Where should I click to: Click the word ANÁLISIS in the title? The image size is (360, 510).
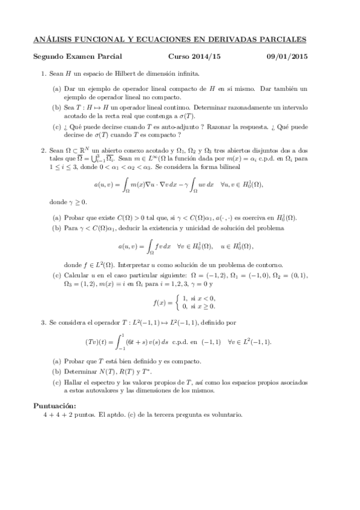(53, 40)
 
